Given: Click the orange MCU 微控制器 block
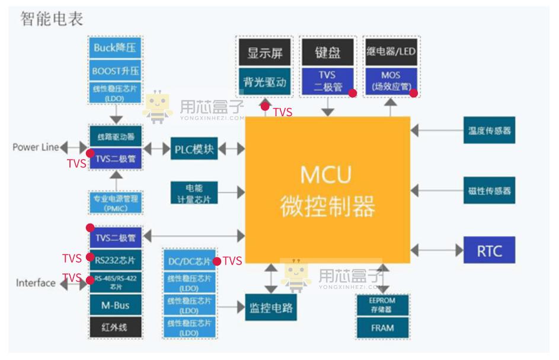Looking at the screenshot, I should (x=327, y=190).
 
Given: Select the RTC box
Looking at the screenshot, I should (x=489, y=250).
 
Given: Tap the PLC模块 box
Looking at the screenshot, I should (x=194, y=148).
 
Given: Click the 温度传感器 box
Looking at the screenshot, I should (x=489, y=130).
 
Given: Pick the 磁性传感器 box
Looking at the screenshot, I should (x=489, y=190).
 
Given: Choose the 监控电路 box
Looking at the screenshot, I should (x=271, y=308).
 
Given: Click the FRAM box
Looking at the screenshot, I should (x=382, y=327).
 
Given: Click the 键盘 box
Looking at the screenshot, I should (x=328, y=52).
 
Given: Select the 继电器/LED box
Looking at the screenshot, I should (x=391, y=52).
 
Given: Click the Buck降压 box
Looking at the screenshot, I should (x=115, y=48).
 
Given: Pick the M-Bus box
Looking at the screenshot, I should (x=115, y=305).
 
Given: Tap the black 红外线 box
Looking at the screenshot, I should (x=115, y=327).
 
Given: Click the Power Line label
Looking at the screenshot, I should (x=36, y=147).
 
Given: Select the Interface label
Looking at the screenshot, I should (x=36, y=283).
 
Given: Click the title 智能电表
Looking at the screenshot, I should (x=52, y=18).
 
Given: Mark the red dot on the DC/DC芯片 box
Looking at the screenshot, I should (x=217, y=262).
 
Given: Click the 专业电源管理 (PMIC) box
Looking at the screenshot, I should (x=115, y=202).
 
